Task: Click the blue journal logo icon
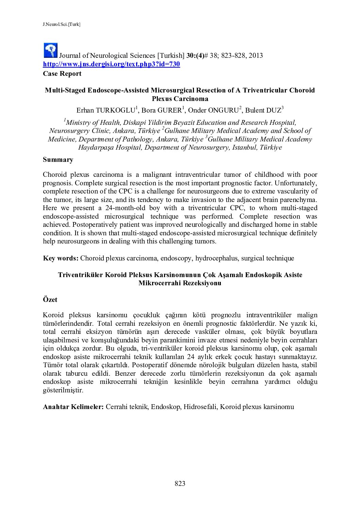coord(51,50)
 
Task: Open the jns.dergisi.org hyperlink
coord(111,64)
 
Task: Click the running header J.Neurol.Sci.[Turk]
coord(62,24)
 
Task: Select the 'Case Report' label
coord(62,73)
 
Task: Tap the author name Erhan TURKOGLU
coord(106,110)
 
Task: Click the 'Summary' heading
coord(58,159)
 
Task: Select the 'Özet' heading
coord(50,300)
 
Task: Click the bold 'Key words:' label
coord(61,258)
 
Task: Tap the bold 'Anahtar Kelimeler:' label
coord(73,407)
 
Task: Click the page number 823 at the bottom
coord(180,483)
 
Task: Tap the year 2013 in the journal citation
coord(256,55)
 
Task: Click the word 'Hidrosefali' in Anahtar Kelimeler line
coord(200,407)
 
